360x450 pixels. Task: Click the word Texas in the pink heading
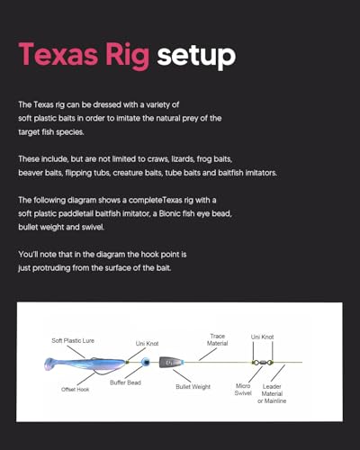[x=58, y=54]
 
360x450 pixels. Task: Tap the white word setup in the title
[x=196, y=56]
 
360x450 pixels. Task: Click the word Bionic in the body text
[x=169, y=213]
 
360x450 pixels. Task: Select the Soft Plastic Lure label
[x=73, y=340]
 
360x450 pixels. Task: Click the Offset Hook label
[x=75, y=390]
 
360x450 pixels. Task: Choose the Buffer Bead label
[x=125, y=382]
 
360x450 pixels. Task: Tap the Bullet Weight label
[x=193, y=387]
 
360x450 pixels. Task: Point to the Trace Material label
[x=217, y=339]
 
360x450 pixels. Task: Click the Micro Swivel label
[x=243, y=390]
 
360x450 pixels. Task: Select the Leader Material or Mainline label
[x=272, y=393]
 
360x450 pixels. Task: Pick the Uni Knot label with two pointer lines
[x=262, y=337]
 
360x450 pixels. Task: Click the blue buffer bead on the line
[x=146, y=362]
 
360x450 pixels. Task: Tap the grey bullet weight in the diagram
[x=170, y=363]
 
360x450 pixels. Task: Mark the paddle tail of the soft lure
[x=49, y=364]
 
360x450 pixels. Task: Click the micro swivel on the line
[x=263, y=363]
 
